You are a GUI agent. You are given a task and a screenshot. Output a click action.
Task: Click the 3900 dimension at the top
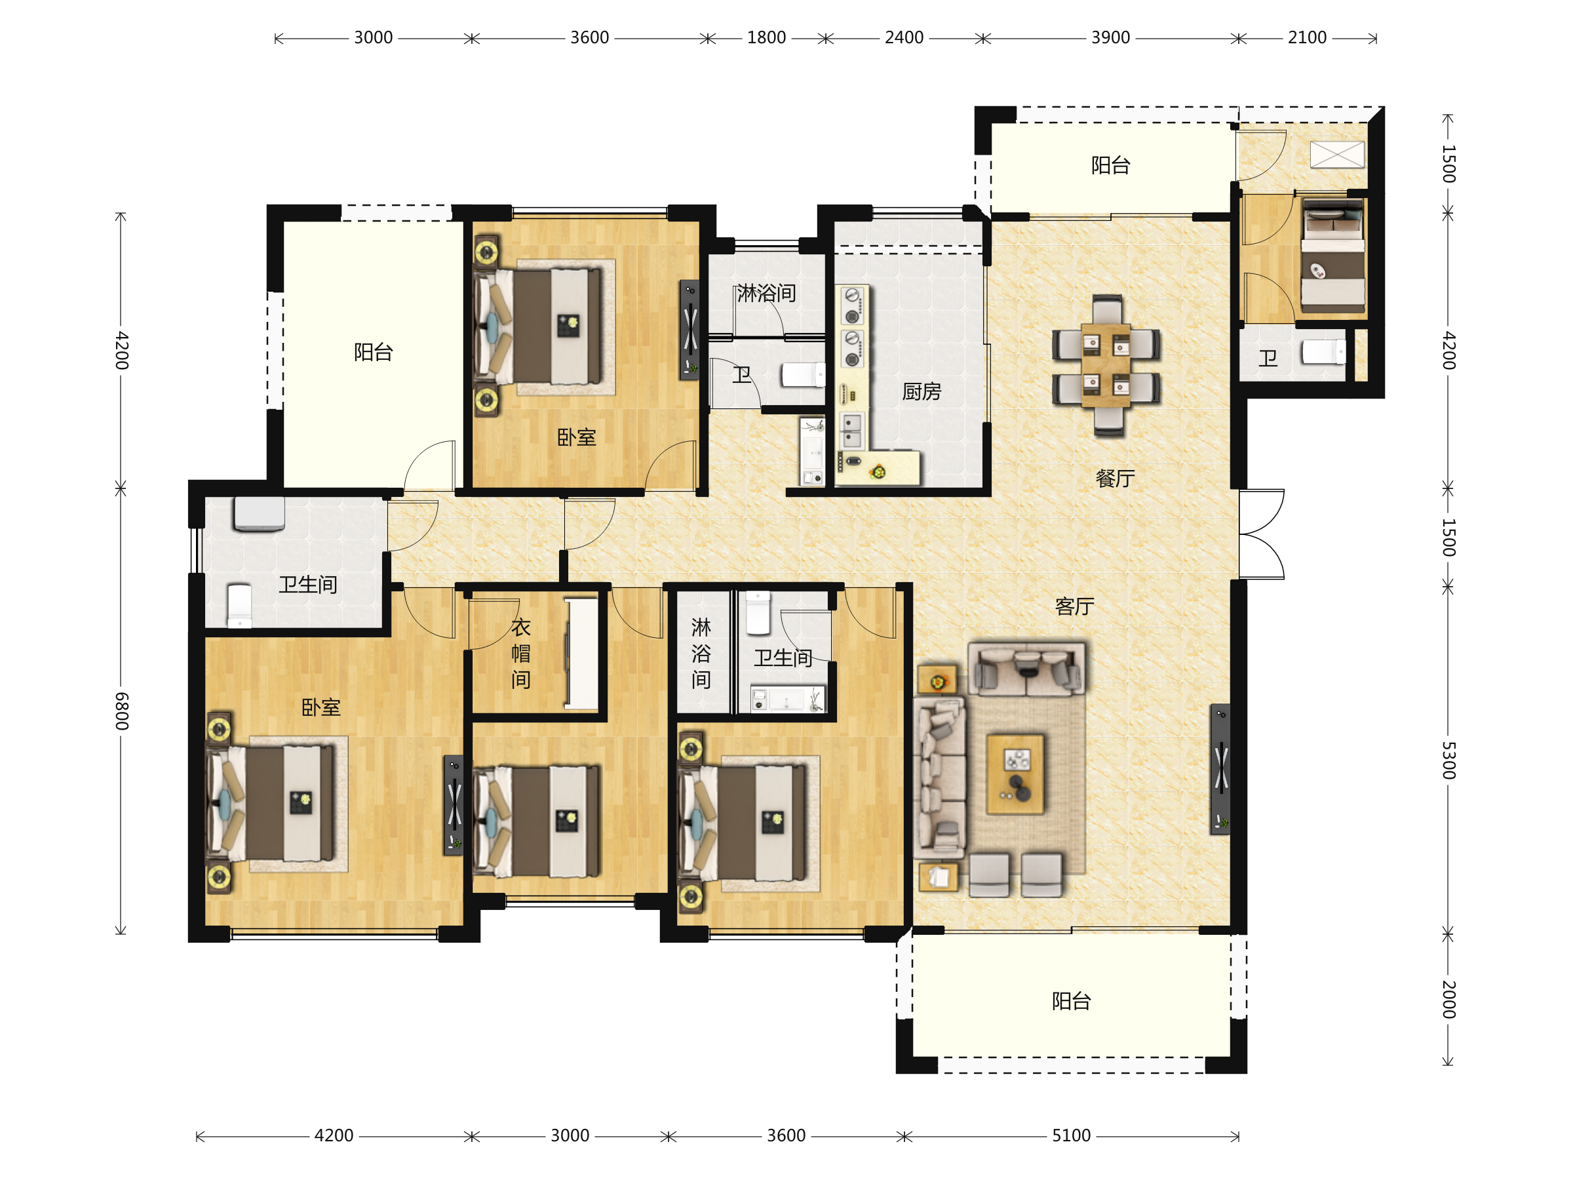[x=1110, y=38]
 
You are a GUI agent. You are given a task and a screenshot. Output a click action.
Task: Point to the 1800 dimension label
[x=766, y=38]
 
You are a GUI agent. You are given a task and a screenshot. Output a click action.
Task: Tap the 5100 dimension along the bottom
[x=1071, y=1136]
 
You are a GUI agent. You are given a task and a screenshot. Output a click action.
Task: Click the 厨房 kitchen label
[x=922, y=391]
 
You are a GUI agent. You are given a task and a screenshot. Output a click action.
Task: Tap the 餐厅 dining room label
[x=1115, y=478]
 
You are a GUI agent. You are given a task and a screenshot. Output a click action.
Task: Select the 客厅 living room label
[x=1074, y=606]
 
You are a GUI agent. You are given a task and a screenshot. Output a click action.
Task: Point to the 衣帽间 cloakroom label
[x=520, y=653]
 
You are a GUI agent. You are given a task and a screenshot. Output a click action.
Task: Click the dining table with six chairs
[x=1106, y=364]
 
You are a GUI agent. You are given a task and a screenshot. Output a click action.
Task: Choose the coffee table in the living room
[x=1015, y=774]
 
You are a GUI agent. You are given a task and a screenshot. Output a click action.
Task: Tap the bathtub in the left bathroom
[x=260, y=513]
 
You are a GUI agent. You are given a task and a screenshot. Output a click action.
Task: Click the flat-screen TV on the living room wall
[x=1220, y=769]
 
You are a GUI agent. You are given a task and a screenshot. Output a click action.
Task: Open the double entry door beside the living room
[x=1262, y=534]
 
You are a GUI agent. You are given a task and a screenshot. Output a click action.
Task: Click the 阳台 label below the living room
[x=1071, y=1001]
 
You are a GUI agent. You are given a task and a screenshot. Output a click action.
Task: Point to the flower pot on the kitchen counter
[x=879, y=471]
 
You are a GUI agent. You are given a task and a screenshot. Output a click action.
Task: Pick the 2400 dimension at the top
[x=904, y=38]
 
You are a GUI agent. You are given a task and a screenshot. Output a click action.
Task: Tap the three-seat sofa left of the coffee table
[x=939, y=777]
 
